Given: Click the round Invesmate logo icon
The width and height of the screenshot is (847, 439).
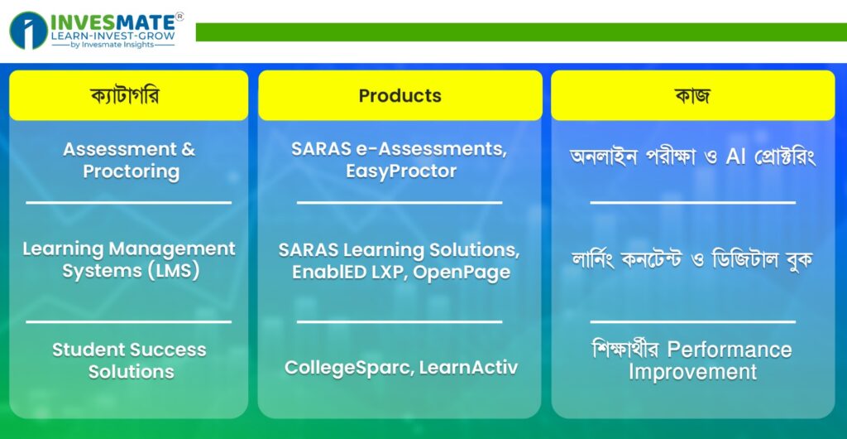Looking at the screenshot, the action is pyautogui.click(x=29, y=31).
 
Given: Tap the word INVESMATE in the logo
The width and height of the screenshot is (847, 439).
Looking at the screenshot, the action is pyautogui.click(x=112, y=22).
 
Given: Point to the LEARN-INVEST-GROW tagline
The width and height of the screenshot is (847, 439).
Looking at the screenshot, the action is pyautogui.click(x=112, y=36).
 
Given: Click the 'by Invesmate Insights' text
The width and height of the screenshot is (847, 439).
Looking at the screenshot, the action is pyautogui.click(x=112, y=45).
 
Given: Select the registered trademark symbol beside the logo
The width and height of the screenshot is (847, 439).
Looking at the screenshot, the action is pyautogui.click(x=179, y=17).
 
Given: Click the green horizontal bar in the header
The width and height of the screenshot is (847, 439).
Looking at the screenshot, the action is pyautogui.click(x=521, y=32).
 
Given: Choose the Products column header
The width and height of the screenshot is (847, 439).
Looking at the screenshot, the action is pyautogui.click(x=400, y=96).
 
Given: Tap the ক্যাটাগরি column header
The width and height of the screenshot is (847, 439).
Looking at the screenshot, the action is pyautogui.click(x=128, y=96).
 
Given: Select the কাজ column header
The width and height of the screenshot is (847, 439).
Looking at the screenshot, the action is pyautogui.click(x=692, y=96).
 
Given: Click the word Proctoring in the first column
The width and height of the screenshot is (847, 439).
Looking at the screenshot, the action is pyautogui.click(x=132, y=171).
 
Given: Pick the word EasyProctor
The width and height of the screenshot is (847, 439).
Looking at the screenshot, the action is pyautogui.click(x=401, y=171).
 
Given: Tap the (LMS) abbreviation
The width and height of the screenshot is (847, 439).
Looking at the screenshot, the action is pyautogui.click(x=174, y=271).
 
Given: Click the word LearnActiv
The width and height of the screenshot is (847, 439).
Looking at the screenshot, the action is pyautogui.click(x=468, y=368).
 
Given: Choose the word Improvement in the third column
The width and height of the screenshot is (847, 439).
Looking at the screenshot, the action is pyautogui.click(x=692, y=372).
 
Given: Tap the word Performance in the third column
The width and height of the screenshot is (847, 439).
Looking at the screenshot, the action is pyautogui.click(x=730, y=350).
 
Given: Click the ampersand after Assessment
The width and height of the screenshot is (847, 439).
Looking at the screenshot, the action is pyautogui.click(x=188, y=149).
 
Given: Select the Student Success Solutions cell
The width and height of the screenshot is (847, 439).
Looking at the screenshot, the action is pyautogui.click(x=130, y=360).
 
